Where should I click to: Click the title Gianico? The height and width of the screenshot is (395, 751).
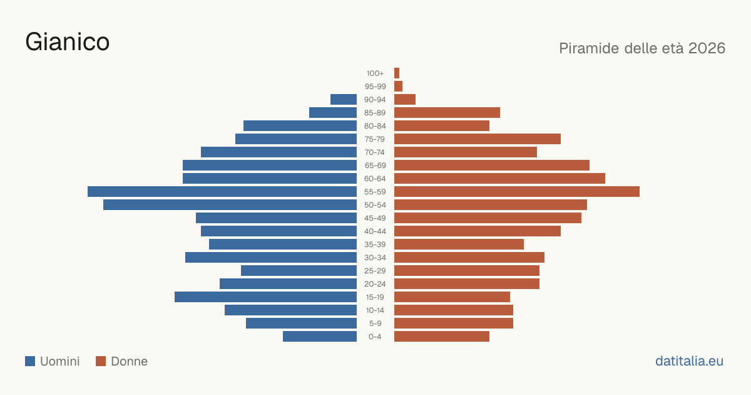68,43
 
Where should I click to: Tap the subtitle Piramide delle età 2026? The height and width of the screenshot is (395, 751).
642,48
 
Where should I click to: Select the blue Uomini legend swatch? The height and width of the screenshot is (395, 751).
30,361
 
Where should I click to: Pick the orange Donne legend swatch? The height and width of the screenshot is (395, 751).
101,361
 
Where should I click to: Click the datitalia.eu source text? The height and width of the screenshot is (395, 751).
689,361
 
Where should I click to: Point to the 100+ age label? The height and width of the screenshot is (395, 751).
375,73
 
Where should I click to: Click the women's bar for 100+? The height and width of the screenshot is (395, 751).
397,73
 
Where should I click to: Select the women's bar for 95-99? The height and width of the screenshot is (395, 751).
398,87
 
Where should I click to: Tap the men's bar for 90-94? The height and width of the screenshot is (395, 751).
344,100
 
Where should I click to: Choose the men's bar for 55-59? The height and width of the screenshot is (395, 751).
222,191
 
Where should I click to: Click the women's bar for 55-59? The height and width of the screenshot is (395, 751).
517,191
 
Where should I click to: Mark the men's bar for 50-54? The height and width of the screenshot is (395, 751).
230,205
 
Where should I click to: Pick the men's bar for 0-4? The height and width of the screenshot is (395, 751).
320,337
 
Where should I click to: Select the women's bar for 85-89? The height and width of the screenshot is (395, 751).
447,112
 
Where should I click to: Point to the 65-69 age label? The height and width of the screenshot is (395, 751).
375,166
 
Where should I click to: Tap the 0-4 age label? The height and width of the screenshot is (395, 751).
375,337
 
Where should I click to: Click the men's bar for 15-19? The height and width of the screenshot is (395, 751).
265,297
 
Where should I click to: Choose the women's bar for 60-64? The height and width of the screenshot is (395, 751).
499,178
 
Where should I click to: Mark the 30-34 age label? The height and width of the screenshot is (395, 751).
375,258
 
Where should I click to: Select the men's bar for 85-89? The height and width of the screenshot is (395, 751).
333,112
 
